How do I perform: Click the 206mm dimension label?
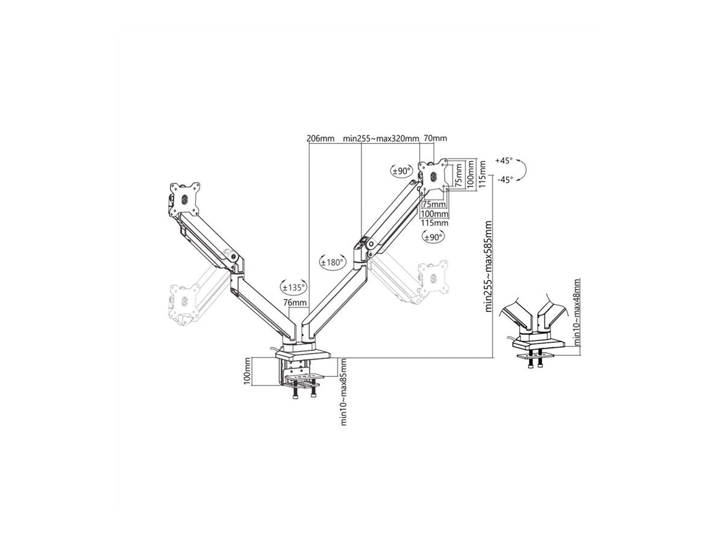tap(320, 139)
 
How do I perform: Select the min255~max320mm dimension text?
tap(381, 139)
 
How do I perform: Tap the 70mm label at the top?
tap(435, 138)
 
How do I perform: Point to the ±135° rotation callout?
tap(293, 287)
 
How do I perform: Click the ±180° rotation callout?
tap(333, 262)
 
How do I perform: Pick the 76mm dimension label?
tap(295, 302)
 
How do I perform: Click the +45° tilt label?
tap(504, 161)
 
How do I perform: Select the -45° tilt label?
tap(505, 179)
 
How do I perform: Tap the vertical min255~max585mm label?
tap(488, 266)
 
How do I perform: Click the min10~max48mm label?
tap(577, 311)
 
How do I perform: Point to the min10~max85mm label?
tap(343, 392)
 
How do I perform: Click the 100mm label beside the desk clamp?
tap(248, 371)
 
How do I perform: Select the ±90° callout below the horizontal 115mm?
tap(433, 237)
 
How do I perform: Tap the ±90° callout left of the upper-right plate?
tap(401, 171)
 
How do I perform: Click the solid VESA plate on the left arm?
tap(184, 199)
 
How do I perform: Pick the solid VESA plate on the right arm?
tap(433, 176)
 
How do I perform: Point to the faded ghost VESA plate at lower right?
tap(433, 278)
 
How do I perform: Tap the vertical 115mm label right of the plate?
tap(482, 174)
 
